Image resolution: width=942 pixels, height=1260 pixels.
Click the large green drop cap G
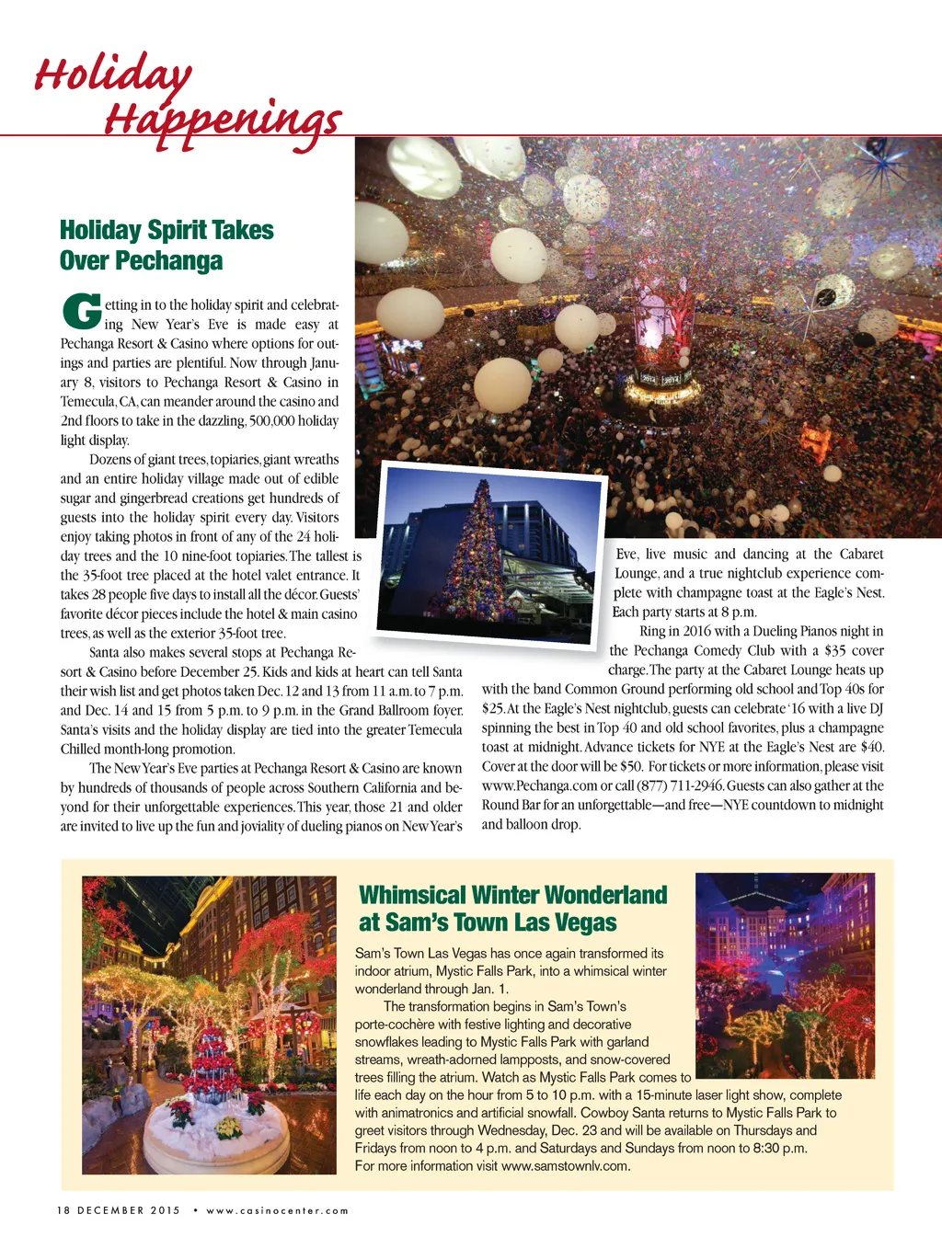click(x=81, y=312)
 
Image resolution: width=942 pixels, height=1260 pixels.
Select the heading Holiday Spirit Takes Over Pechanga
click(x=167, y=245)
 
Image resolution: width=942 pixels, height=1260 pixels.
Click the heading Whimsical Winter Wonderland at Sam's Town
click(x=512, y=908)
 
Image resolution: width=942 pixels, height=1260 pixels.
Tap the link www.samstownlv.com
click(x=565, y=1166)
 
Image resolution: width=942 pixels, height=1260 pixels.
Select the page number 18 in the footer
click(x=63, y=1210)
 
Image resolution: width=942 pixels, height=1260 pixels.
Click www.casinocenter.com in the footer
click(x=278, y=1210)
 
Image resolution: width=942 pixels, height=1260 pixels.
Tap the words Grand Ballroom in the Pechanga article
click(x=378, y=710)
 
